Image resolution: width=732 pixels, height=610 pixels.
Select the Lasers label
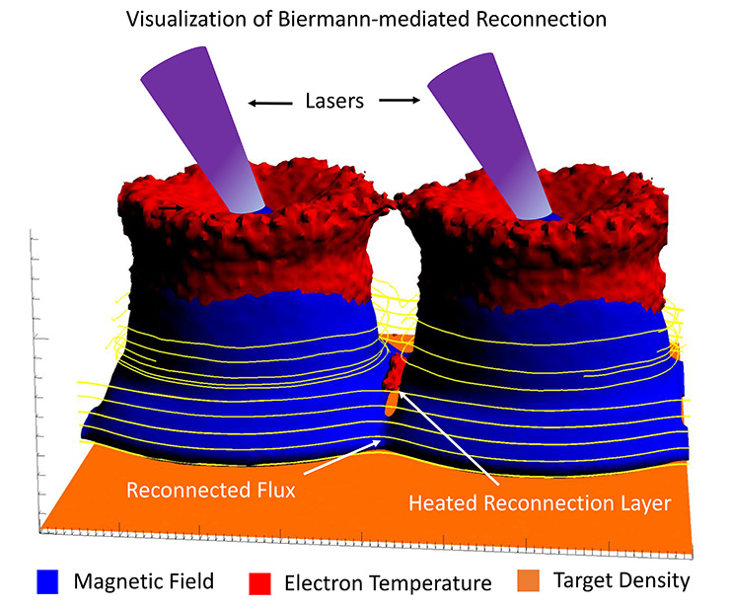coord(337,101)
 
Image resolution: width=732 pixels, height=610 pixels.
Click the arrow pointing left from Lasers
coord(268,102)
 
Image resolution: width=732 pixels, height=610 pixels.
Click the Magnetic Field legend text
coord(144,581)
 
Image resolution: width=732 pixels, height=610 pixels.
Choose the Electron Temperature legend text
coord(387,582)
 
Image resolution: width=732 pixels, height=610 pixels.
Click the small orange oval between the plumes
coord(393,401)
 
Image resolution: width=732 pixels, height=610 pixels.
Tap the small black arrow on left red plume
coord(172,208)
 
